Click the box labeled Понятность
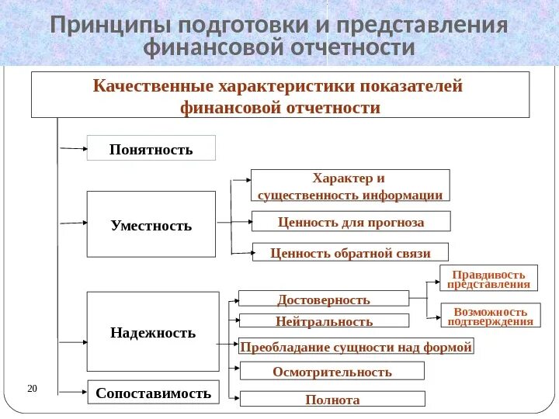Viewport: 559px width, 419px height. (x=151, y=148)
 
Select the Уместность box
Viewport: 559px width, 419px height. (x=151, y=225)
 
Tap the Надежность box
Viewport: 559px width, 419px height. (x=152, y=332)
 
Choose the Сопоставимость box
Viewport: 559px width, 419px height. (x=153, y=393)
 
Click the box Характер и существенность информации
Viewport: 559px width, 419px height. (x=350, y=186)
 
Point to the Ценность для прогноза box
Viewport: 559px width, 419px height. (x=351, y=222)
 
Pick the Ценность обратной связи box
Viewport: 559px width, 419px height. (x=351, y=252)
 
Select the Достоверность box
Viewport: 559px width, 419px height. (x=323, y=299)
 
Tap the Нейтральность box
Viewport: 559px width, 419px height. (x=323, y=320)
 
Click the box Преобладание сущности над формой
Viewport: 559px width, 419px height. (x=356, y=346)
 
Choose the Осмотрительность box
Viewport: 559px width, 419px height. (x=332, y=371)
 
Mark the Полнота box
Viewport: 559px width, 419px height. (x=332, y=399)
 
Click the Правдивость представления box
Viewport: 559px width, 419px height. (x=489, y=279)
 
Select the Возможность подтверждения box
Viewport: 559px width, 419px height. (x=490, y=316)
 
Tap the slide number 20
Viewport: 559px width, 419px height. (x=33, y=388)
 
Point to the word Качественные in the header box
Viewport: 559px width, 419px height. (x=151, y=86)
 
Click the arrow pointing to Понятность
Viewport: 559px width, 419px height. (x=72, y=147)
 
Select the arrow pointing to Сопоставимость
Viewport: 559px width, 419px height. (x=72, y=392)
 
